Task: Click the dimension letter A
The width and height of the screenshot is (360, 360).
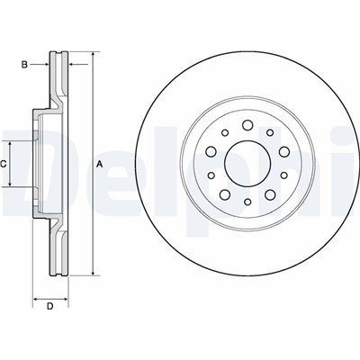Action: [x=100, y=164]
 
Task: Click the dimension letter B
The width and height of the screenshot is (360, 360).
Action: [x=24, y=64]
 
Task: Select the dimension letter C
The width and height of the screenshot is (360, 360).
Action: [x=3, y=164]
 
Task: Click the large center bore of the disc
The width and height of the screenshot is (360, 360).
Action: [x=247, y=164]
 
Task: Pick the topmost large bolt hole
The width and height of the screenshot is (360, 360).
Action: [x=247, y=125]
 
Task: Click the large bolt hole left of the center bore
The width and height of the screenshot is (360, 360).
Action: [x=211, y=151]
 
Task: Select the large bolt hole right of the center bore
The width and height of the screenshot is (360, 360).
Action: [x=284, y=151]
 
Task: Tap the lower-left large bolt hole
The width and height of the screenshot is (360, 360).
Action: [x=225, y=194]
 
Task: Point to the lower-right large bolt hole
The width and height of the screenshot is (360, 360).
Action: [x=270, y=194]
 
